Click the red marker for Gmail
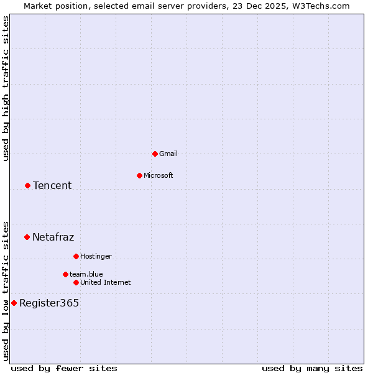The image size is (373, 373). click(x=155, y=154)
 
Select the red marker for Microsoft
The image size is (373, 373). click(x=139, y=175)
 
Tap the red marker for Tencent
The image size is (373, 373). click(x=27, y=185)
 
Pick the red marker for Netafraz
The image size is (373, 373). click(x=27, y=237)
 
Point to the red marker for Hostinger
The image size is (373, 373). click(x=76, y=256)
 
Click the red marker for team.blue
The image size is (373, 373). click(x=65, y=274)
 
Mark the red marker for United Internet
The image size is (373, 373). click(x=76, y=282)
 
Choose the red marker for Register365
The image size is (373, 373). click(x=14, y=303)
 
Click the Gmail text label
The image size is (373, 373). click(x=168, y=154)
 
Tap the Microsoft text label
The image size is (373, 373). click(x=159, y=175)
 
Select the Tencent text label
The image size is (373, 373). click(x=52, y=185)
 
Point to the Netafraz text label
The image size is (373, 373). click(x=53, y=237)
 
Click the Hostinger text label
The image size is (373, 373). click(x=96, y=256)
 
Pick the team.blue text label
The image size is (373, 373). click(x=86, y=274)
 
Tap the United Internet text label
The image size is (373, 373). click(x=106, y=282)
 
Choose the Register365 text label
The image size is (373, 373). click(x=49, y=303)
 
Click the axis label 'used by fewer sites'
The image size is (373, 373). click(x=64, y=368)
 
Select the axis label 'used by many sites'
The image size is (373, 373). click(x=312, y=368)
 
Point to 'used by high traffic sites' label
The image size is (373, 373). click(x=6, y=88)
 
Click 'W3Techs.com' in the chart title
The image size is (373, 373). click(x=322, y=6)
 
